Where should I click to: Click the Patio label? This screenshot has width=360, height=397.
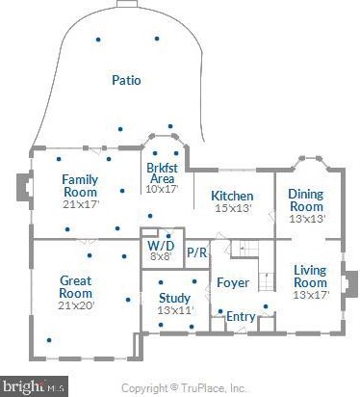[x=126, y=80]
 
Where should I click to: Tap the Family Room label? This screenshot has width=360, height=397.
[x=80, y=186]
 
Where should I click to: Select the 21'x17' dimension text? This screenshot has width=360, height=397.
[x=81, y=204]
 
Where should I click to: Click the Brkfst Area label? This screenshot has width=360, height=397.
[x=162, y=173]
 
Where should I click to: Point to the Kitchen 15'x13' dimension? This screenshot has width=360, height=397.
[x=233, y=208]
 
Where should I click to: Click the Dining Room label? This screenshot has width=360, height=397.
[x=306, y=200]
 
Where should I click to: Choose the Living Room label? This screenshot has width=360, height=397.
[x=310, y=277]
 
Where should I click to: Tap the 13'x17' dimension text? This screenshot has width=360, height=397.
[x=311, y=295]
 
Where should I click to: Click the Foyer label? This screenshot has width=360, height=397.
[x=233, y=282]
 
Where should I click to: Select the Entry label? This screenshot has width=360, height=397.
[x=241, y=317]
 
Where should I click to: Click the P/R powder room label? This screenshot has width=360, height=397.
[x=196, y=252]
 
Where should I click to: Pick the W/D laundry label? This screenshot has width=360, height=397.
[x=161, y=246]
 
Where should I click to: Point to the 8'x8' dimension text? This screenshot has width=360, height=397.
[x=162, y=256]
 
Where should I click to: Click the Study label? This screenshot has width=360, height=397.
[x=174, y=298]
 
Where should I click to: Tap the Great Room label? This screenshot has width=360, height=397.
[x=76, y=287]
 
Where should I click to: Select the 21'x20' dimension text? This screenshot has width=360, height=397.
[x=76, y=305]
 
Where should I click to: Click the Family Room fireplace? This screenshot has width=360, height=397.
[x=25, y=188]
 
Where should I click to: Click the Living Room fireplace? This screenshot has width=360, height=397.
[x=349, y=284]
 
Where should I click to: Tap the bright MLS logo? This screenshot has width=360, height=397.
[x=34, y=386]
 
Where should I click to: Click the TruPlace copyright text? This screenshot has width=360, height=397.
[x=184, y=388]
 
